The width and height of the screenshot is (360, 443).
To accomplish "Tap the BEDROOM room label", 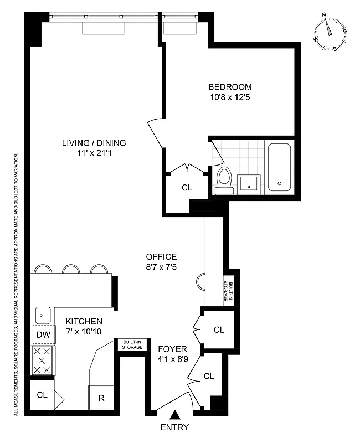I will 230,87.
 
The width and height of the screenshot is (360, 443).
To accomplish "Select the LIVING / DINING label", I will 94,143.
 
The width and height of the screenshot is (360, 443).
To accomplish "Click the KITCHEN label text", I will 84,321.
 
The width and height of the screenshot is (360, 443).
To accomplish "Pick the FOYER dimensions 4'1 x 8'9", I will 172,360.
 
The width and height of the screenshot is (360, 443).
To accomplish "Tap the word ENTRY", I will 174,427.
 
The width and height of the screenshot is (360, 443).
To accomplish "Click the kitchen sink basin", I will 43,315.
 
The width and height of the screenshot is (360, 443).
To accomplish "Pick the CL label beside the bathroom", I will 187,188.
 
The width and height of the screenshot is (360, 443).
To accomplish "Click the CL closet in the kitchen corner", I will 42,395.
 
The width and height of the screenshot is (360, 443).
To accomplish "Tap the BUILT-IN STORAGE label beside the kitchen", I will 129,344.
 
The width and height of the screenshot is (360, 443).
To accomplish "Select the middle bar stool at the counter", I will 70,270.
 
